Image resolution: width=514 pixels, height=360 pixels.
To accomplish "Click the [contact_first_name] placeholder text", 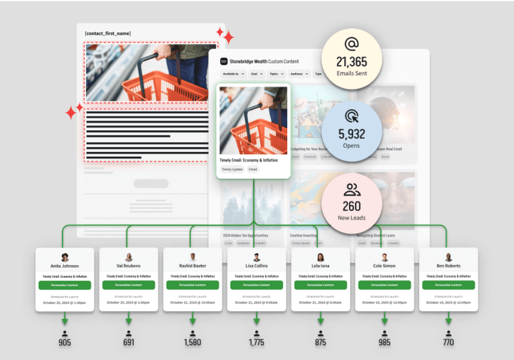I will click(108, 33).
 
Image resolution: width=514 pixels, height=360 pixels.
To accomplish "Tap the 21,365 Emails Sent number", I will click(352, 62).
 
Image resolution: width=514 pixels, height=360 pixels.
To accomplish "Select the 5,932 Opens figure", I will click(352, 134).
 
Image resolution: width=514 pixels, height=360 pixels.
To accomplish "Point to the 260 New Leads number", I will click(352, 206).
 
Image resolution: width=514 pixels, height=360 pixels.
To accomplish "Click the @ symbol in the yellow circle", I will click(352, 44).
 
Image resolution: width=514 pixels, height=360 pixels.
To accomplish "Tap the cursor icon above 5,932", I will click(352, 116).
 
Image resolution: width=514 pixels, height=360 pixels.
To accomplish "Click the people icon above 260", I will click(352, 190).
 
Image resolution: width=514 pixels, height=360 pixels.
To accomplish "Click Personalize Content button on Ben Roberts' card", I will click(448, 285).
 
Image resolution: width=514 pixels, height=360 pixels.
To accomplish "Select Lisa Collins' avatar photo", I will click(257, 257).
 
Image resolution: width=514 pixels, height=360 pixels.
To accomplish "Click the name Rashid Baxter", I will click(192, 266).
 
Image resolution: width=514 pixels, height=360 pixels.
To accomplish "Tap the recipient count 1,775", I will click(256, 343).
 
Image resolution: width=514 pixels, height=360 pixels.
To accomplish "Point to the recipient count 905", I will click(64, 343).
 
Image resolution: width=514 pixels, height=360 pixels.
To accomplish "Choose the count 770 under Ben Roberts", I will click(448, 343).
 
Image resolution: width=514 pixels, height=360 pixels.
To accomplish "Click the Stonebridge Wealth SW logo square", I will click(223, 61).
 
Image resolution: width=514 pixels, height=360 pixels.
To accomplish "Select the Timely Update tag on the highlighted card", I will click(232, 169).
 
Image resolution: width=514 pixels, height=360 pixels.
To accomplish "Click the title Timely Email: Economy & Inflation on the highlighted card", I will click(248, 160).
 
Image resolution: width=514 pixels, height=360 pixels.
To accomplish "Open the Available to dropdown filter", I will click(233, 74).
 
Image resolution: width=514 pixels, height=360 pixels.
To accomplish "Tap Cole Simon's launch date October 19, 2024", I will click(384, 302).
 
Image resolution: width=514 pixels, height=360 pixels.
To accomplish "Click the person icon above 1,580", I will click(192, 333).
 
